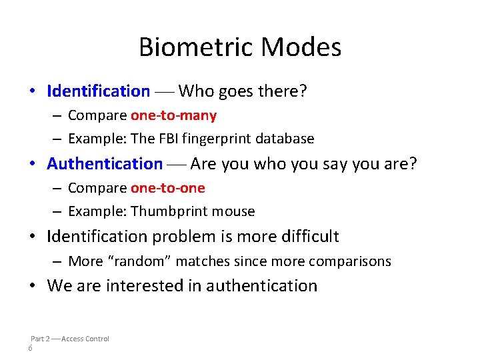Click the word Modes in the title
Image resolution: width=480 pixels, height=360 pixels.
point(301,47)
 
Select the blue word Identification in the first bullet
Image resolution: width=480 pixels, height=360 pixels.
point(99,91)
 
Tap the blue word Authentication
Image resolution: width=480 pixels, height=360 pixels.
point(105,163)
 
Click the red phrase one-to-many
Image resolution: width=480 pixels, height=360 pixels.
point(173,115)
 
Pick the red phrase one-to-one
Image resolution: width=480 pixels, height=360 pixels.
point(167,188)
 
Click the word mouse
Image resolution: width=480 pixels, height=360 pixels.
point(233,211)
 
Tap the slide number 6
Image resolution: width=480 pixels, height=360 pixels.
point(31,349)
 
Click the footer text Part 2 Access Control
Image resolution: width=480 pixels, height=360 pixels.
point(70,339)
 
